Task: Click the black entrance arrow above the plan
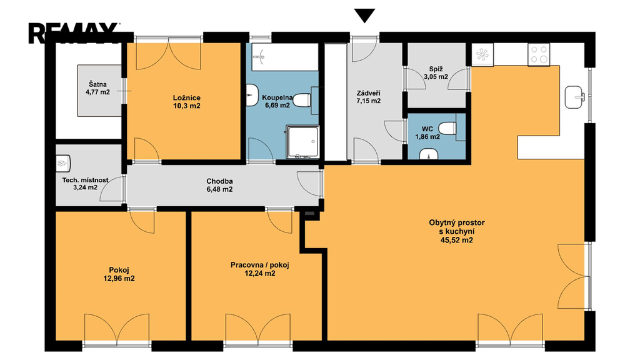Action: (x=364, y=16)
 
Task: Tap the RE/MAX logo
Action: (x=74, y=32)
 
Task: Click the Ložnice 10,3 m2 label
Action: (x=186, y=102)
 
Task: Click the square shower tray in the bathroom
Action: (x=302, y=142)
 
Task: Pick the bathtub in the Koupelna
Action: (x=284, y=57)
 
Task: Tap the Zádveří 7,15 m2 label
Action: (x=369, y=97)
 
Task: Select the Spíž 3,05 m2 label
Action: (x=436, y=72)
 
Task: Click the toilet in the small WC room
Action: (x=449, y=128)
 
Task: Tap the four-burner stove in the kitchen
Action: (x=539, y=55)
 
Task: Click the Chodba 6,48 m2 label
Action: (x=219, y=185)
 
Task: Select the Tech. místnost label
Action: (x=85, y=180)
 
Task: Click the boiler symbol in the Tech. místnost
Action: (x=63, y=163)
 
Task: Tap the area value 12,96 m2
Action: (x=119, y=279)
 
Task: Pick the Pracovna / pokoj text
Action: (x=259, y=265)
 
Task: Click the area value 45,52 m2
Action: (x=457, y=240)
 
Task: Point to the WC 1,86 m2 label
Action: (x=427, y=133)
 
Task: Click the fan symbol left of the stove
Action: (x=482, y=55)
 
